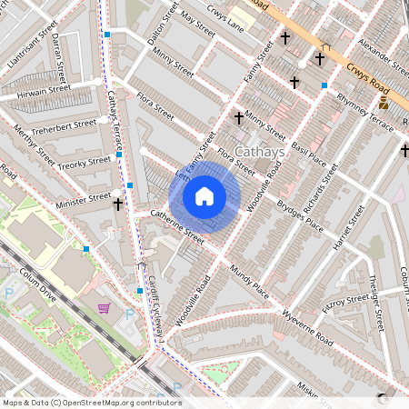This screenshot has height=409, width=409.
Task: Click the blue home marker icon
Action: pyautogui.click(x=204, y=196)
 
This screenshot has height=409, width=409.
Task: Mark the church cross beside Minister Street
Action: pyautogui.click(x=117, y=204)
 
